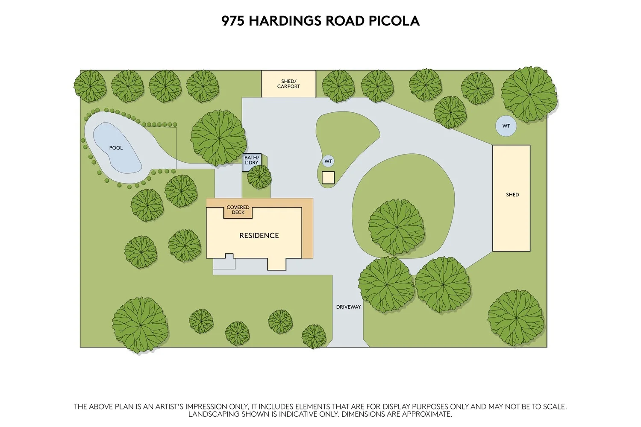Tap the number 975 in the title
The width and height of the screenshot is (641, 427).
tap(233, 21)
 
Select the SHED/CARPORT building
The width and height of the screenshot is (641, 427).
tap(288, 84)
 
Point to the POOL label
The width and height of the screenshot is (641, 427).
tap(116, 148)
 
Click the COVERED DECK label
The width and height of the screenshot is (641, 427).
tap(238, 210)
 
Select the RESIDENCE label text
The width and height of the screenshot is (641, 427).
tap(259, 235)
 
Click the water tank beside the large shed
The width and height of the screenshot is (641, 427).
tap(506, 126)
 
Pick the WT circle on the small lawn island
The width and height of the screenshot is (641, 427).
tap(328, 161)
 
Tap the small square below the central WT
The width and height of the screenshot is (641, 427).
tap(328, 178)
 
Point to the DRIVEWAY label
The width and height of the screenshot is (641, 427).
tap(348, 307)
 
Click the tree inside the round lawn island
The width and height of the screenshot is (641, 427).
tap(396, 227)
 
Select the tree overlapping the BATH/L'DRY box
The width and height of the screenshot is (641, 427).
tap(259, 177)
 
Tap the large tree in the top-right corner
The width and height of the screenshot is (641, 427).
tap(529, 94)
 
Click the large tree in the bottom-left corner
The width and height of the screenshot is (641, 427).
tap(140, 325)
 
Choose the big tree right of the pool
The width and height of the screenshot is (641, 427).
tap(218, 138)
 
